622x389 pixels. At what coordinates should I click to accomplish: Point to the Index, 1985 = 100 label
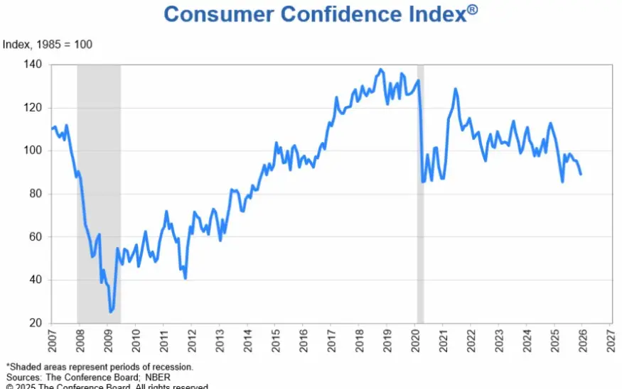[48, 45]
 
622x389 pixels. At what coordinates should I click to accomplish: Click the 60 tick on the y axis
[35, 236]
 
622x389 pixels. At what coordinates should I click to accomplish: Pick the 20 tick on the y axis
[35, 323]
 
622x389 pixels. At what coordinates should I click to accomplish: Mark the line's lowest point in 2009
[110, 312]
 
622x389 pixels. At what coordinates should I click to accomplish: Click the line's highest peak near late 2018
[381, 70]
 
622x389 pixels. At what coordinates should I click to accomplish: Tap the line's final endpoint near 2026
[581, 174]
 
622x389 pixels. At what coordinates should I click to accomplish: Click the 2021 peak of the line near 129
[455, 89]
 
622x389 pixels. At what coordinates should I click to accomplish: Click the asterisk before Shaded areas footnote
[6, 366]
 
